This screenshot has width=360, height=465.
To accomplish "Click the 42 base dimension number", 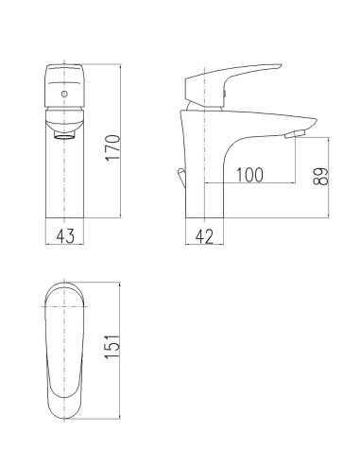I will (203, 235).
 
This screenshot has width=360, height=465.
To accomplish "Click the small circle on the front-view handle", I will (63, 95).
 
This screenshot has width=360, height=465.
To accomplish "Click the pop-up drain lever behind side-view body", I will (180, 177).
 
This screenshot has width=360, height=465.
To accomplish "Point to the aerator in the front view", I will (64, 132).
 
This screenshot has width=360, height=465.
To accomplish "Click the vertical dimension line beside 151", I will (123, 351).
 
